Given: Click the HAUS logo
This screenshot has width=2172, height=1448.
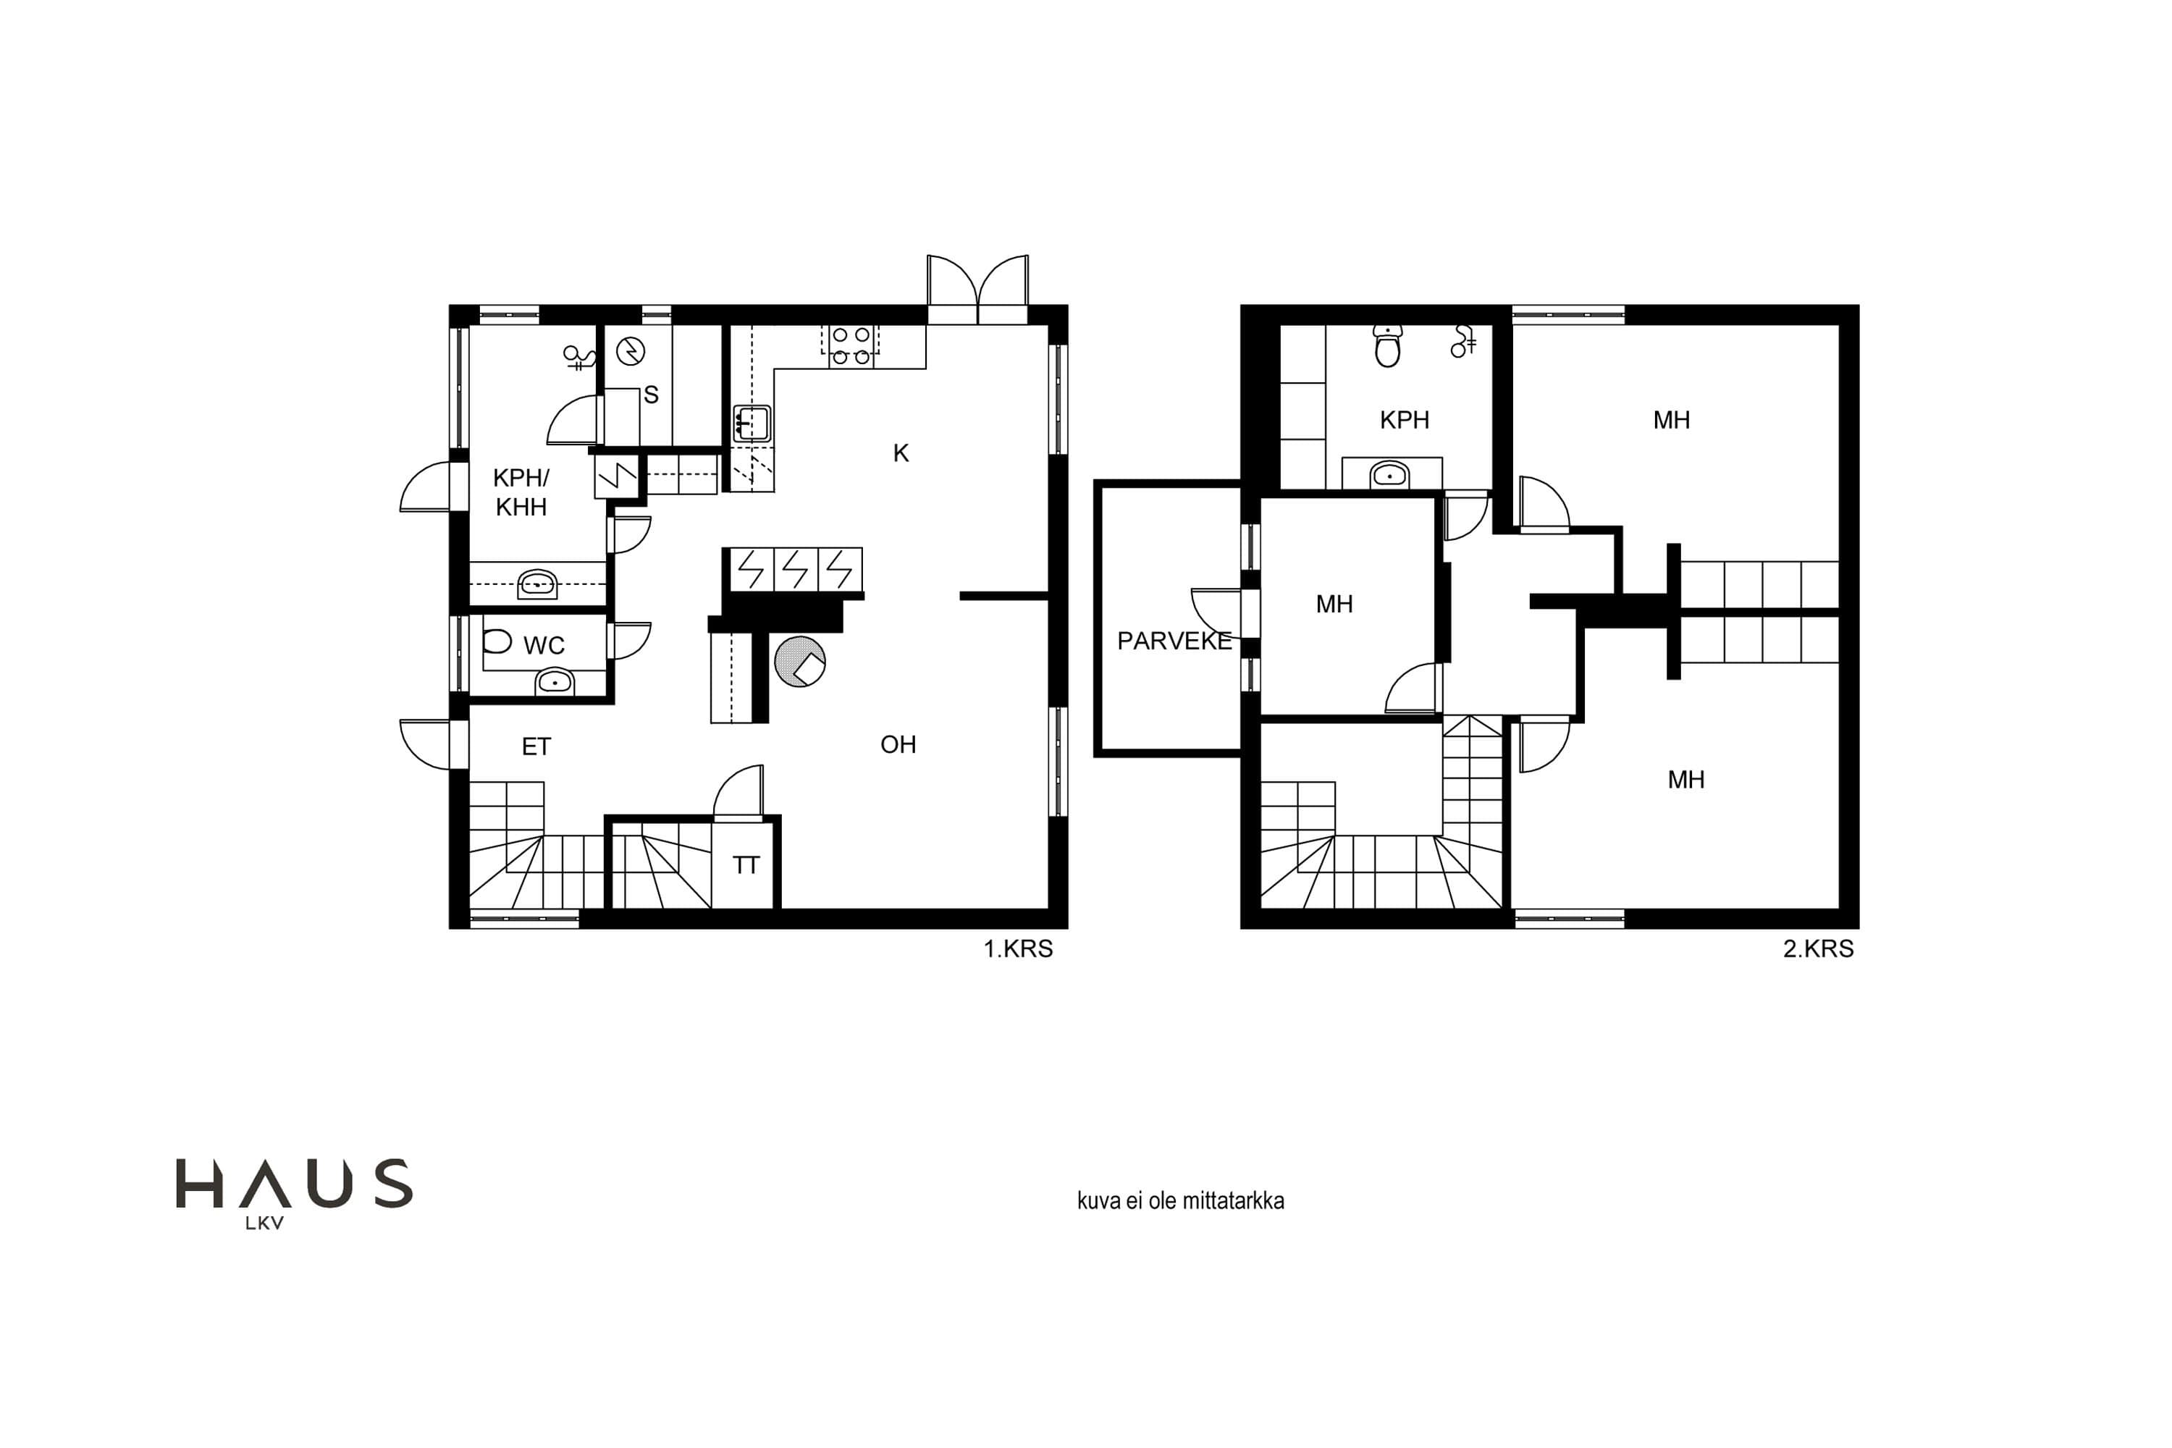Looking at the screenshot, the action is [x=294, y=1193].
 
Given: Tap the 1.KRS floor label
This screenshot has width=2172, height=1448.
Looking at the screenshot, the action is [x=1018, y=949].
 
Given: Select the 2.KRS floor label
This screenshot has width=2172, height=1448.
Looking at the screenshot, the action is [x=1818, y=949].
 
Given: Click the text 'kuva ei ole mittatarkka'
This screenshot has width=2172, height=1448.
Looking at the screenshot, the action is [x=1180, y=1200].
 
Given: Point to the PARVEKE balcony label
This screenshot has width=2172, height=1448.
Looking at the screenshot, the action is [x=1174, y=641].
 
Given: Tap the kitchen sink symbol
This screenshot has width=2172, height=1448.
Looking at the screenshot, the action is [x=752, y=424].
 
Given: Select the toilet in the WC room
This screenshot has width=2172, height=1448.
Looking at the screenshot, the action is [x=497, y=641].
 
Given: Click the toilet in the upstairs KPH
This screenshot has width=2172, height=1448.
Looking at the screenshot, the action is [x=1387, y=345].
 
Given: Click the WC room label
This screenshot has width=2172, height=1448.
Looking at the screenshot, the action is [x=544, y=646].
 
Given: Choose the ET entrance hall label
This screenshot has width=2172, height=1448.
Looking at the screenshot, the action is [x=536, y=746].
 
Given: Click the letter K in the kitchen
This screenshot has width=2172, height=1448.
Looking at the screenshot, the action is [x=901, y=453].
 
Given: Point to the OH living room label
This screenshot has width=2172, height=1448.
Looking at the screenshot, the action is [x=898, y=744].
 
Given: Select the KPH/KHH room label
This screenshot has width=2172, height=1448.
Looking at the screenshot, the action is [x=521, y=492].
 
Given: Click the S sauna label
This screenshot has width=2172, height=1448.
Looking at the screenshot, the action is [x=651, y=395].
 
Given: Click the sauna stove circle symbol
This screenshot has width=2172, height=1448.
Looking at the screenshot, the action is [x=631, y=351].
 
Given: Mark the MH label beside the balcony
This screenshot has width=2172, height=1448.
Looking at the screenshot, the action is [x=1334, y=604].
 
